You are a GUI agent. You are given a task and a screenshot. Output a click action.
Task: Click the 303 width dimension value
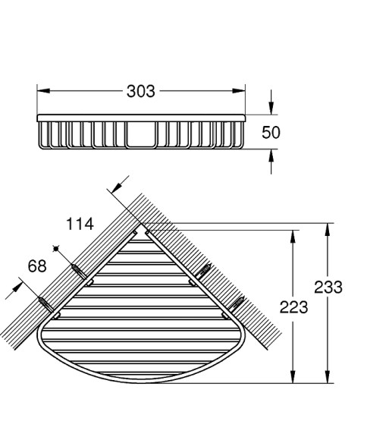pos(140,91)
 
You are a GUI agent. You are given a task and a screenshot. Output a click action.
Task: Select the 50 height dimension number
pos(271,132)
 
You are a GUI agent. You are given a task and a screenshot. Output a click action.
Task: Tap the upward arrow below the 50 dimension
pos(271,156)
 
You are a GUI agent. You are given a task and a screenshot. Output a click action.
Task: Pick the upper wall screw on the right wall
pos(203,269)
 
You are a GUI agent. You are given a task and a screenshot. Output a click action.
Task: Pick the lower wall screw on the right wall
pos(237,305)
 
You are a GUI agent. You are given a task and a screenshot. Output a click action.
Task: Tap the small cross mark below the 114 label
pos(55,248)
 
